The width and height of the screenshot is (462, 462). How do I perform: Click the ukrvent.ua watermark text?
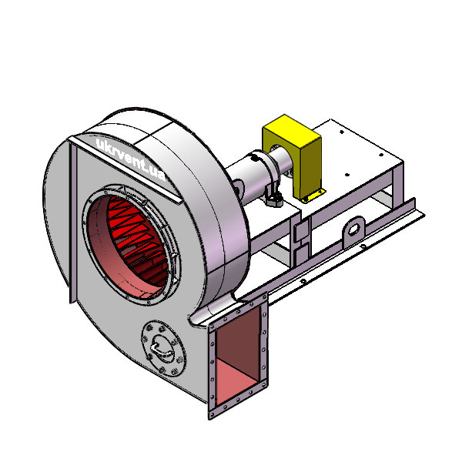(131, 160)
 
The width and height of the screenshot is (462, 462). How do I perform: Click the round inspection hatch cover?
(163, 348)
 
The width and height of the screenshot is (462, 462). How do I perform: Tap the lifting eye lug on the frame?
(353, 229)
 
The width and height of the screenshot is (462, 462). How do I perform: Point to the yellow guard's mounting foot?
(314, 196)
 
